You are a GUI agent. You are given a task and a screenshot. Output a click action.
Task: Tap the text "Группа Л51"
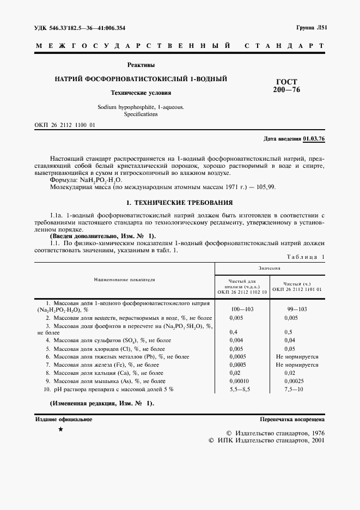click(310, 28)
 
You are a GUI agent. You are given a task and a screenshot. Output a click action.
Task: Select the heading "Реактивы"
click(141, 65)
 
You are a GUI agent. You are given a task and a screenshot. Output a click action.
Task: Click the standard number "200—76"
click(286, 90)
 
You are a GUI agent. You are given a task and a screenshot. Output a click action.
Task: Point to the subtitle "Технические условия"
click(141, 93)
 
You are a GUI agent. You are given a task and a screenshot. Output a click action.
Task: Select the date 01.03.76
click(314, 139)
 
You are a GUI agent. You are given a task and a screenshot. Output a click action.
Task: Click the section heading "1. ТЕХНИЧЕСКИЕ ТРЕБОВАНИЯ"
click(179, 202)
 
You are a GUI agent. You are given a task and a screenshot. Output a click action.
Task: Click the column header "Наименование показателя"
click(125, 279)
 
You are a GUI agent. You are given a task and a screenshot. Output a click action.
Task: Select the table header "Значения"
click(270, 268)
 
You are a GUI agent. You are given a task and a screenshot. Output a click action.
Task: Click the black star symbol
click(60, 430)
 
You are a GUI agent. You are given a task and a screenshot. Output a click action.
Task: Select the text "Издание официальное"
click(64, 420)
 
